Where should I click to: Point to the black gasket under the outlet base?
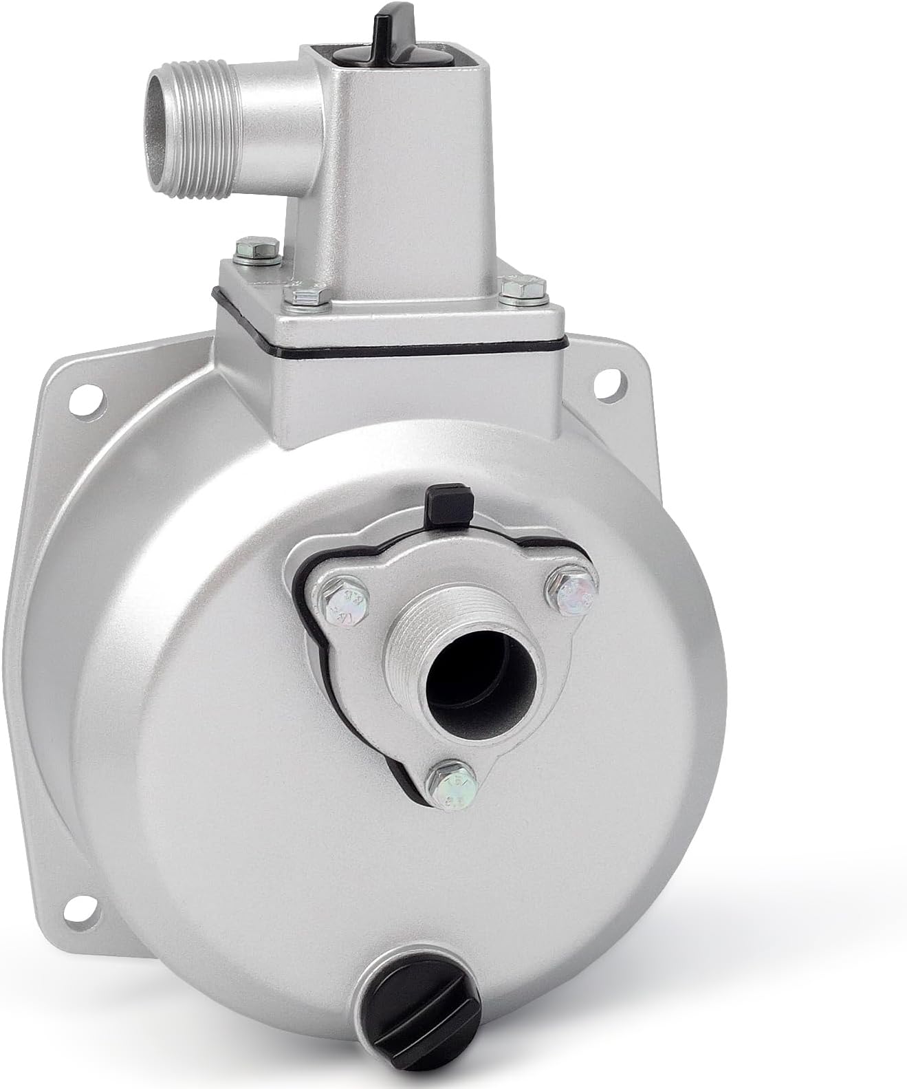pos(385,357)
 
